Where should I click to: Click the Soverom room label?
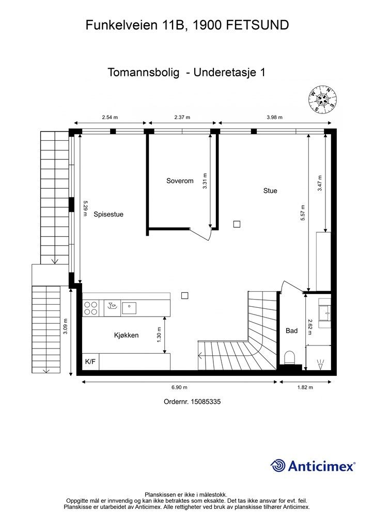click(x=180, y=181)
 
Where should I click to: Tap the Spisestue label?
click(x=108, y=214)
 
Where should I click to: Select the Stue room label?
click(x=270, y=191)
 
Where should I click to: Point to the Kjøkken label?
click(x=126, y=335)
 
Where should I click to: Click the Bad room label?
click(x=291, y=331)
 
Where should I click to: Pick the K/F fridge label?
click(x=90, y=361)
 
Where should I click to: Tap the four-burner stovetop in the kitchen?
click(x=91, y=308)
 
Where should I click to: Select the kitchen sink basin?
click(x=129, y=308)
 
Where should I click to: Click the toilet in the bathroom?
click(x=290, y=357)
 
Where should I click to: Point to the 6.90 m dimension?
click(x=179, y=387)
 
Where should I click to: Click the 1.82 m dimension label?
click(x=305, y=387)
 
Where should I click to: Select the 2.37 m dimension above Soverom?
click(x=182, y=117)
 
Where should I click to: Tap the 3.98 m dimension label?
click(x=274, y=117)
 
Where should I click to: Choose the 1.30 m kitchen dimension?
click(x=159, y=335)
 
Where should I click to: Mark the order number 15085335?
click(x=206, y=402)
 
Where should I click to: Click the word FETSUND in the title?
click(x=257, y=25)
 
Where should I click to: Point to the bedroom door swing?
click(x=201, y=234)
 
